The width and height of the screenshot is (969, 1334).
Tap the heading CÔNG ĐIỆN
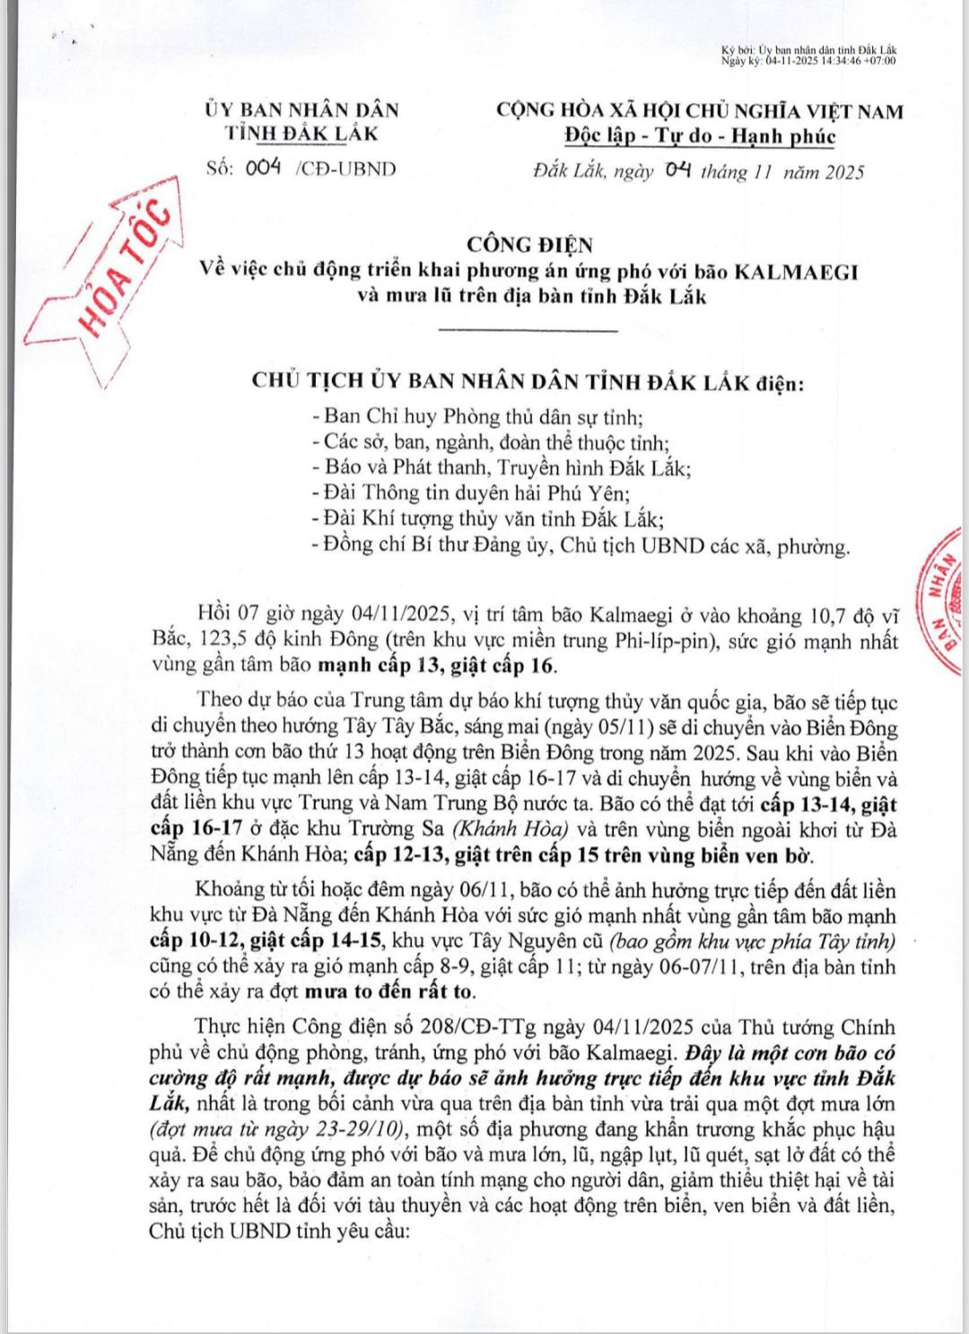tap(529, 244)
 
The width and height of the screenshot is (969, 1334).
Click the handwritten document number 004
tap(264, 168)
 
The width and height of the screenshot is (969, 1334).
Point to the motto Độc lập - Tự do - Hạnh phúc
tap(700, 136)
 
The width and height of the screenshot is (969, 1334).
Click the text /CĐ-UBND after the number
tap(345, 169)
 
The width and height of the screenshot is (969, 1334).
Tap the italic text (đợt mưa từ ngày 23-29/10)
tap(277, 1129)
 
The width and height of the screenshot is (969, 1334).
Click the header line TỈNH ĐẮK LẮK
tap(301, 134)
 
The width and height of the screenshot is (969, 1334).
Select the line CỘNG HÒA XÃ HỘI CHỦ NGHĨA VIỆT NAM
tap(700, 111)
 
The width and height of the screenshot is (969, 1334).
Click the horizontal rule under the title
tap(529, 331)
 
